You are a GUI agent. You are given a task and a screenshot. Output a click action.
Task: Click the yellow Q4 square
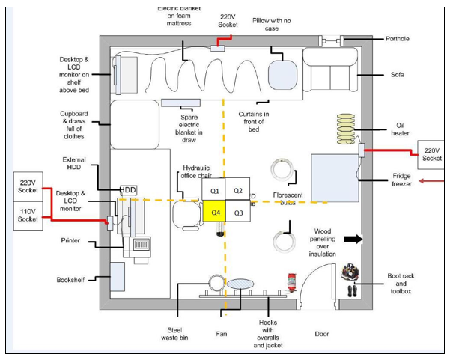[214, 213]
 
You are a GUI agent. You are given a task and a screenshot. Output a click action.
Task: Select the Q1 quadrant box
[214, 191]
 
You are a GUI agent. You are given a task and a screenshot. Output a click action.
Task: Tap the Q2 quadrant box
[238, 191]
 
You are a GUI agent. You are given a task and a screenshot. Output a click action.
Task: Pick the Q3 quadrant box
[238, 213]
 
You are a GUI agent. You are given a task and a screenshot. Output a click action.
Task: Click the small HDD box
[127, 190]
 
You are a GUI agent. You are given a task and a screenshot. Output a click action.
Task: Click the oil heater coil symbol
[344, 129]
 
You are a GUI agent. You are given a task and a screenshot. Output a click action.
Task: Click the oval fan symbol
[241, 284]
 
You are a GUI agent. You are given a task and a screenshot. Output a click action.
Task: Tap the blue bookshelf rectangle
[118, 278]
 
